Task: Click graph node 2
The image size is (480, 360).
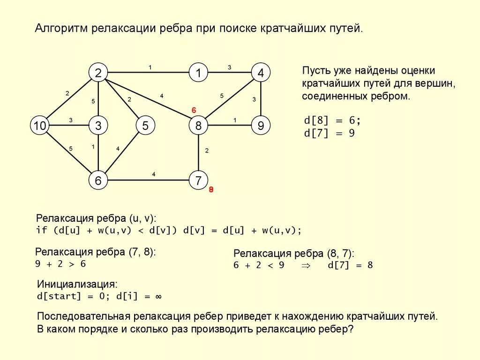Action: (x=98, y=73)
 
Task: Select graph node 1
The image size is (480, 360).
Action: (x=198, y=73)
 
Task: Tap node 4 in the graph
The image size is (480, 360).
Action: (x=261, y=73)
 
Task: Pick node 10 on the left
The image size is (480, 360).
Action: (x=40, y=126)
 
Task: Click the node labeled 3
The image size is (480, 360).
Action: (x=98, y=126)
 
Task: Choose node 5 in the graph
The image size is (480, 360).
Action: (x=145, y=126)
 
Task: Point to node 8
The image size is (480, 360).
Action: (x=198, y=126)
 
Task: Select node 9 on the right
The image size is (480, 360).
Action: (x=261, y=126)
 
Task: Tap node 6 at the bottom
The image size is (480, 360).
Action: (x=98, y=180)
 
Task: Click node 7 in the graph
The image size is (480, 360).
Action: (x=198, y=180)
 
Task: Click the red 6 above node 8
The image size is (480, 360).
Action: (x=194, y=110)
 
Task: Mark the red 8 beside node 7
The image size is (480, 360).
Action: (x=211, y=190)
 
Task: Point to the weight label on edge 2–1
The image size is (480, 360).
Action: (x=150, y=67)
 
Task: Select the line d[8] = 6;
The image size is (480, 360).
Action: (x=333, y=120)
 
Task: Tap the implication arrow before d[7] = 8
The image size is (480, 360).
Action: (x=306, y=265)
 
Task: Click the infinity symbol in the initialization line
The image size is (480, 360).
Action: (x=158, y=297)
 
